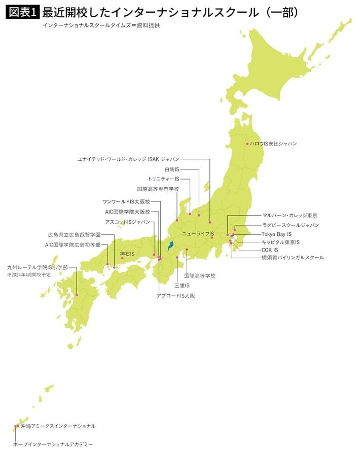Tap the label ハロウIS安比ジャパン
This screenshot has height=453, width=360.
tap(273, 144)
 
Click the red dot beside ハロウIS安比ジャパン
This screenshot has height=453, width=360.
tap(247, 144)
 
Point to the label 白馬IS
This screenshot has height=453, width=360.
tap(172, 169)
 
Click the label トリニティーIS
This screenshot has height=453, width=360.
tap(164, 179)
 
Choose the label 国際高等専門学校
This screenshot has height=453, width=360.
tap(158, 189)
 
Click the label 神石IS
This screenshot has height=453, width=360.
tap(127, 253)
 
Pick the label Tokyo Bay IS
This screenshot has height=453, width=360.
tap(276, 234)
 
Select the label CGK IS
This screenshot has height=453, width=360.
tap(270, 250)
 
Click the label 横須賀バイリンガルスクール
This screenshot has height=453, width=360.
tap(293, 258)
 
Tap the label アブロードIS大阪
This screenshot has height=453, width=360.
tap(176, 295)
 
